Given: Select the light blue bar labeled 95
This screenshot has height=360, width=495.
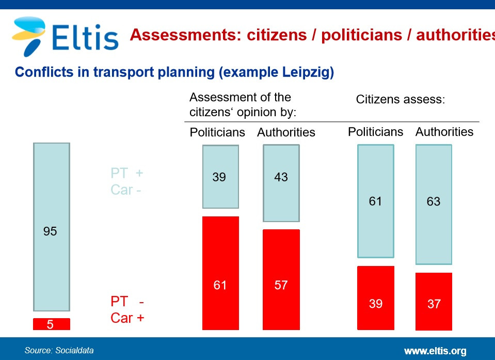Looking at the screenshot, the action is click(x=52, y=227).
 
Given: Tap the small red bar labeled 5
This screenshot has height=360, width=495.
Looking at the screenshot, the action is click(x=52, y=324).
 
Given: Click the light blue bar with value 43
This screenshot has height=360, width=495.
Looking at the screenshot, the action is click(x=281, y=183).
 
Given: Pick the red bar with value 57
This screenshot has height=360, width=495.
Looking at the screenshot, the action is click(x=281, y=279).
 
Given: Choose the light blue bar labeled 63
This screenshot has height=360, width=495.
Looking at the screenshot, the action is click(x=434, y=205).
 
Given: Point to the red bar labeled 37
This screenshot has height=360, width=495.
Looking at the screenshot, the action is click(x=434, y=302).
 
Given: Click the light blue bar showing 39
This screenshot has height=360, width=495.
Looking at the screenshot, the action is click(x=220, y=177).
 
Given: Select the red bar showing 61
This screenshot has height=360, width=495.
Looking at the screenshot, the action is click(x=220, y=273).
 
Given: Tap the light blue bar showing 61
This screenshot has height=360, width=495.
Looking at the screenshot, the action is click(x=376, y=201).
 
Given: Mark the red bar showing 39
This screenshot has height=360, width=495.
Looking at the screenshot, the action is click(x=376, y=298).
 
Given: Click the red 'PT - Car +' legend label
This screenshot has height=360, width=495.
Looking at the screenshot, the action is click(x=127, y=309).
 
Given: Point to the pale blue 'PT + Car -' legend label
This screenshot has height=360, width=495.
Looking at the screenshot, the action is click(x=126, y=181).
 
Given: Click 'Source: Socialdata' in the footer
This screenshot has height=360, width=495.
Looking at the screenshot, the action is click(x=59, y=350).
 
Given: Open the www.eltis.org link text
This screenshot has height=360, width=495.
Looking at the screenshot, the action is click(x=435, y=351).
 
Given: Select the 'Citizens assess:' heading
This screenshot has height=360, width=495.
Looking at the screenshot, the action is click(x=401, y=100).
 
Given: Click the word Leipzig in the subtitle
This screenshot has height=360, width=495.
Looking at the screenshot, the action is click(x=308, y=72).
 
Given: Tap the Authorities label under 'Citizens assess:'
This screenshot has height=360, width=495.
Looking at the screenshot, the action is click(x=444, y=132).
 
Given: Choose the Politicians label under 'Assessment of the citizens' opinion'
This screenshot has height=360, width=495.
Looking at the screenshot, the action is click(x=217, y=132).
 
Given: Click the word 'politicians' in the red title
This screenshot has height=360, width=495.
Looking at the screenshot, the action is click(x=362, y=35).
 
